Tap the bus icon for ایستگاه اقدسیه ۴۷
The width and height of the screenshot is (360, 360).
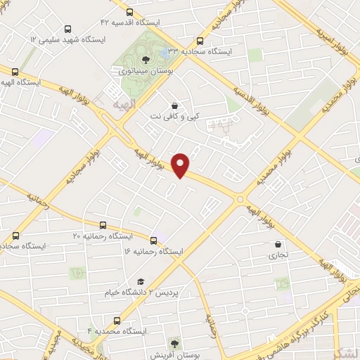point(129,11)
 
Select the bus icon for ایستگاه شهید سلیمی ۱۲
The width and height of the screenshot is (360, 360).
point(67,29)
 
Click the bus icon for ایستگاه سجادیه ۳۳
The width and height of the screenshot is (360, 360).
point(200,40)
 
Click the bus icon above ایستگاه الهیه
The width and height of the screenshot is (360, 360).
point(15,70)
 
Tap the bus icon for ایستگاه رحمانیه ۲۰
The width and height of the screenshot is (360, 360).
point(103,225)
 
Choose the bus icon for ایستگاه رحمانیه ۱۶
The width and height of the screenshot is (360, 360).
point(154,240)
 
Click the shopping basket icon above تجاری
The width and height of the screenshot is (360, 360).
point(279,245)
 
